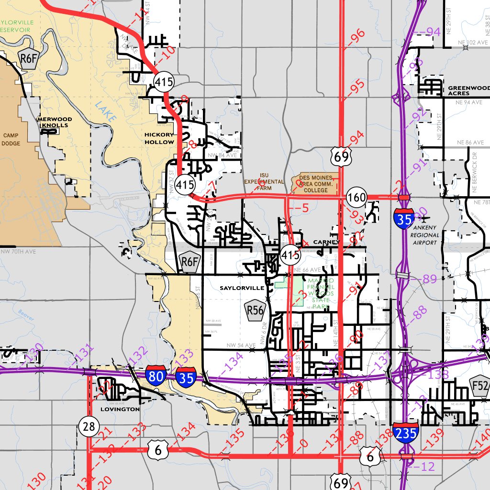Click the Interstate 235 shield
tap(406, 433)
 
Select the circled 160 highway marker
tap(357, 197)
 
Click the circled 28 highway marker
tap(89, 426)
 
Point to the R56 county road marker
tap(255, 310)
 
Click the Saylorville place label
tap(242, 288)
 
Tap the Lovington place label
tap(120, 409)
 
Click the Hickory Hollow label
tap(159, 138)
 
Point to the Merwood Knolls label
tap(55, 122)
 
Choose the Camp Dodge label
tap(10, 139)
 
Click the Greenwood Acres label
tap(469, 90)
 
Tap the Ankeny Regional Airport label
tap(425, 235)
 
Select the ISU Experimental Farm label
tap(264, 182)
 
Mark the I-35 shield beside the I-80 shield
tap(185, 377)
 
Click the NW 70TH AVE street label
tap(18, 251)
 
